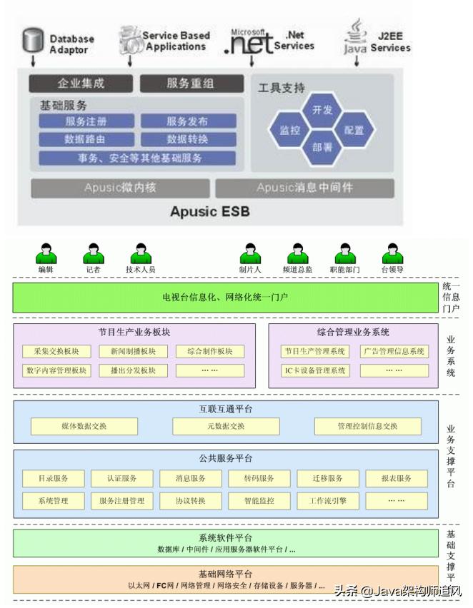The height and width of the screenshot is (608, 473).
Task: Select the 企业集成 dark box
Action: (x=81, y=83)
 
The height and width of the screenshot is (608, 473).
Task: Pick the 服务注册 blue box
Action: (x=86, y=121)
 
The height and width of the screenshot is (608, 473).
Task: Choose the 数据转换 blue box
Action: (x=187, y=139)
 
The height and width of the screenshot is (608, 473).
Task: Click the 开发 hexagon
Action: (x=322, y=110)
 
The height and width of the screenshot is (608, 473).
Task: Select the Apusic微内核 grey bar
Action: (x=120, y=188)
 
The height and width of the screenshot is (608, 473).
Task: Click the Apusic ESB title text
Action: (x=210, y=212)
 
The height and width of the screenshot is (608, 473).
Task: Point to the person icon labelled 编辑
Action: (x=46, y=254)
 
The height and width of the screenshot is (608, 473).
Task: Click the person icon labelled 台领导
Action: (x=392, y=254)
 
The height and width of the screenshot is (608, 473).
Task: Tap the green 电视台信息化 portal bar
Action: (x=225, y=297)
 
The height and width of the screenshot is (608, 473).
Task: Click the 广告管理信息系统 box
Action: (x=394, y=351)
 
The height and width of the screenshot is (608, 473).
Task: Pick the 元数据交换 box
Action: (x=225, y=426)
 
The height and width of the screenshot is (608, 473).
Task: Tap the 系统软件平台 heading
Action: (x=225, y=537)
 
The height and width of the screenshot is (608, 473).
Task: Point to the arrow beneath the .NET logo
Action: (x=251, y=61)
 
